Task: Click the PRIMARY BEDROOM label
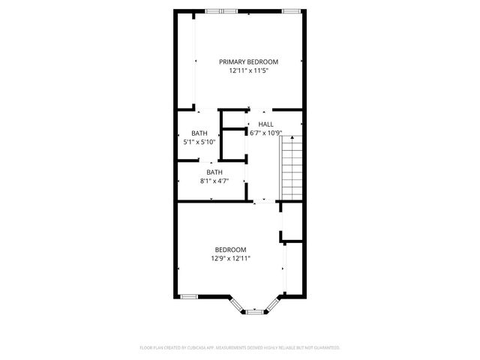coord(248,61)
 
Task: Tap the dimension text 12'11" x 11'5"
coord(248,70)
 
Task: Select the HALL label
coord(265,124)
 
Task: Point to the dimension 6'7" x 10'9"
coord(265,133)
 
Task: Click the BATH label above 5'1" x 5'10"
coord(199,133)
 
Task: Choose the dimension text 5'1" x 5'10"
coord(199,142)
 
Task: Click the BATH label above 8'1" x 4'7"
coord(214,172)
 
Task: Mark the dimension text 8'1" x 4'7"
coord(214,181)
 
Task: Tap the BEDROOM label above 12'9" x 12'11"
coord(230,250)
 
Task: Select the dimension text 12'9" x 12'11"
coord(230,259)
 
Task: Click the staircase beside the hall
coord(291,169)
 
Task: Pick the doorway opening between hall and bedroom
coord(265,201)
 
